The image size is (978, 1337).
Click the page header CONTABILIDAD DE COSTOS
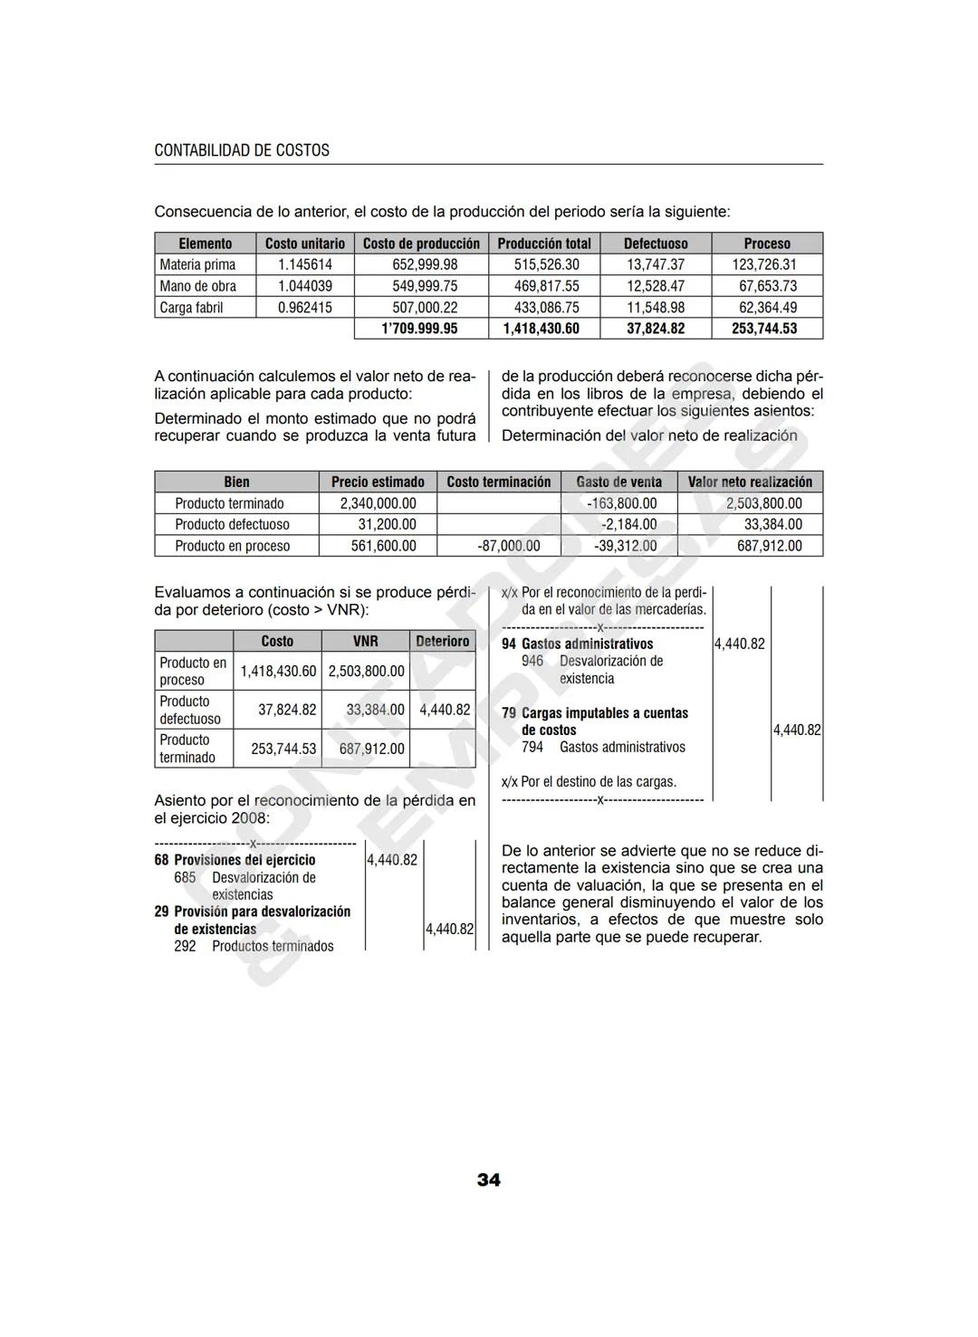pos(242,150)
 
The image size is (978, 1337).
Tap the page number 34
pos(488,1179)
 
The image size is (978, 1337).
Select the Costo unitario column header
pos(304,244)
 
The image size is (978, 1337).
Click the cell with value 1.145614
pos(304,264)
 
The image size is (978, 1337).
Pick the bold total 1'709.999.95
pos(419,329)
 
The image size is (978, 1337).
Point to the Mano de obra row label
pos(197,286)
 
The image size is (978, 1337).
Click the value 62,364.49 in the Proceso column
pos(767,308)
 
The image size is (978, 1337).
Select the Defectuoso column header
pos(656,244)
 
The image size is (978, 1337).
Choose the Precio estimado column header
pos(378,482)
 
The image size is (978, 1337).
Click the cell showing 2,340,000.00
pos(378,503)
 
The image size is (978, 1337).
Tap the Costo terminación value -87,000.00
pos(508,546)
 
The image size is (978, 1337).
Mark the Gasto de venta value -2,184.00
pos(628,524)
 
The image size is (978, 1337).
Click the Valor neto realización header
pos(750,482)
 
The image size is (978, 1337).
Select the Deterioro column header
pos(442,641)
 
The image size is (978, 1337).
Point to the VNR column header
pos(365,641)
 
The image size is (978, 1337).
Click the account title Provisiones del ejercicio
pos(244,860)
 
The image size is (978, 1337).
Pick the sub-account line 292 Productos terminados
pos(254,946)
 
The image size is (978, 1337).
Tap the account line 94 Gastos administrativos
pos(577,644)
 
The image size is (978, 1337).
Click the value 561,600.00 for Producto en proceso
pos(383,546)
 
